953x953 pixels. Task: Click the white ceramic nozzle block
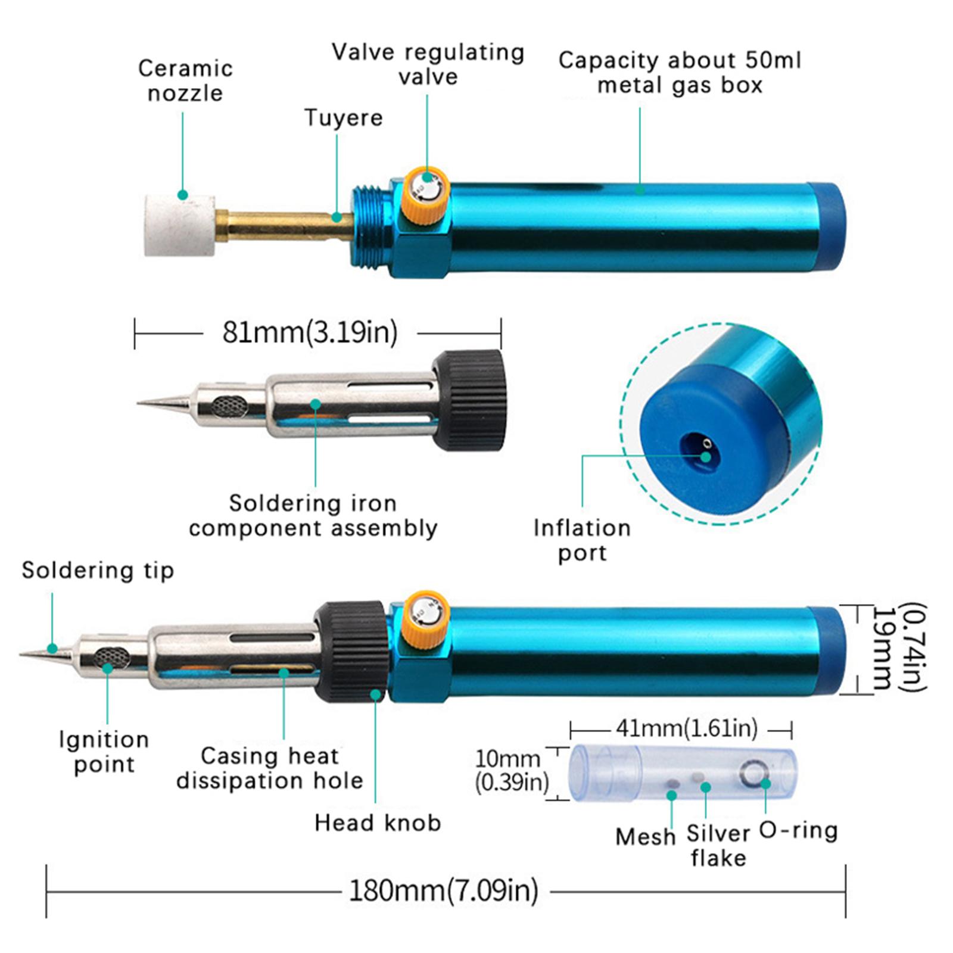tap(179, 225)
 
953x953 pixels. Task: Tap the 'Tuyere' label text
tap(343, 118)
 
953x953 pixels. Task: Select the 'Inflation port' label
tap(582, 540)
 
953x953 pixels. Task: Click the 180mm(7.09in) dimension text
tap(443, 891)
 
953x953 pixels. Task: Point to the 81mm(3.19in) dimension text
tap(310, 332)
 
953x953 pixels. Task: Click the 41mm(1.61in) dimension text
tap(686, 728)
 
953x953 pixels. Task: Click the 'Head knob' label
tap(378, 823)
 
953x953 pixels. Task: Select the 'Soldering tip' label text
tap(98, 571)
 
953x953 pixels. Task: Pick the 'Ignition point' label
tap(104, 752)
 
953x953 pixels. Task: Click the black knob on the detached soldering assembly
tap(469, 400)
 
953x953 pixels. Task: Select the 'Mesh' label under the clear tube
tap(645, 837)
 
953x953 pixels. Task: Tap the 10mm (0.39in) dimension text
tap(511, 770)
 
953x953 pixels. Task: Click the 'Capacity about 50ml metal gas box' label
tap(680, 73)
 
